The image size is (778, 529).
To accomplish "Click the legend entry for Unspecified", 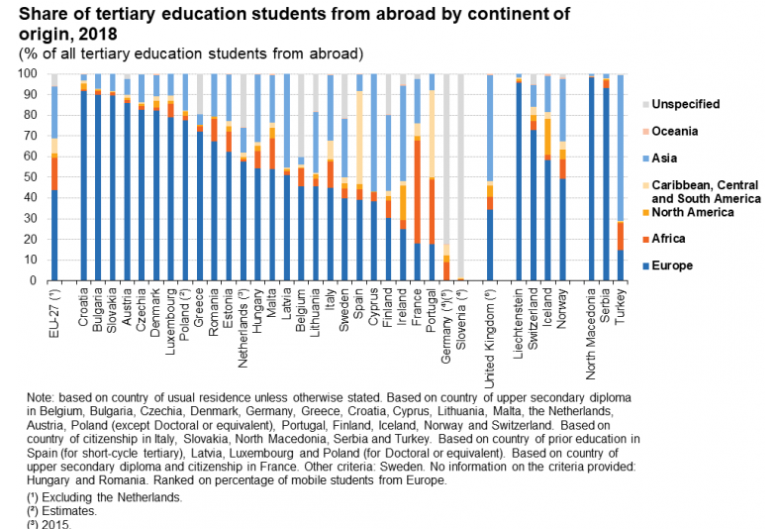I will coord(686,104).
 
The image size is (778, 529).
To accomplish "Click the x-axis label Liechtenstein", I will coord(518,318).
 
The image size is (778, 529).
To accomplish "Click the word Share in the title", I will coord(42,13).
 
